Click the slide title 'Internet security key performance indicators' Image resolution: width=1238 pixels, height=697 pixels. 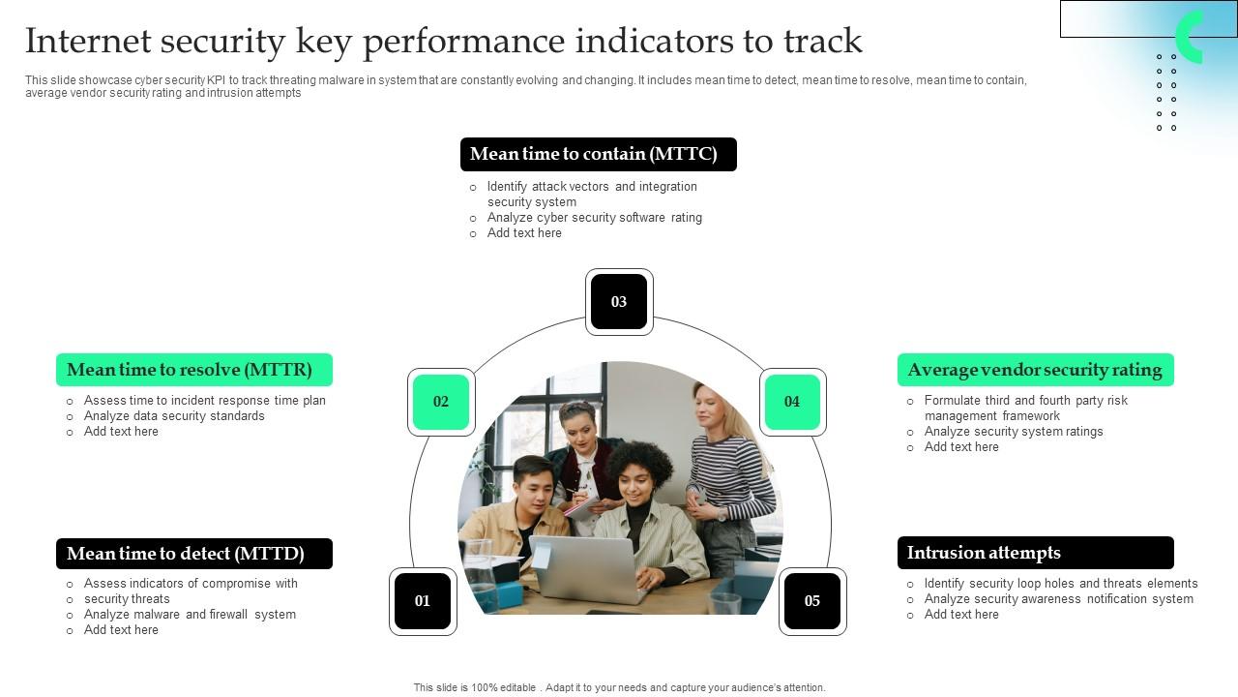click(x=443, y=42)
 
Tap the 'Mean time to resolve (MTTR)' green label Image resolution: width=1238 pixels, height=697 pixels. click(x=193, y=370)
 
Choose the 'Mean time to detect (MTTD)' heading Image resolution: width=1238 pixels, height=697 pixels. click(x=193, y=554)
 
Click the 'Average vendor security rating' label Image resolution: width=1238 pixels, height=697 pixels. click(x=1035, y=370)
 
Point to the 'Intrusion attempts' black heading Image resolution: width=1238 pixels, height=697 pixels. click(x=1035, y=553)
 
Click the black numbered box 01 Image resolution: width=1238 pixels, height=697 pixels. click(x=423, y=601)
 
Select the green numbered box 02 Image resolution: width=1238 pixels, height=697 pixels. click(x=441, y=402)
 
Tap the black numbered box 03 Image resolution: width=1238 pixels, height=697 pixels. click(x=619, y=302)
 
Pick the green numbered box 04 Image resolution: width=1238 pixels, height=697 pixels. click(x=792, y=402)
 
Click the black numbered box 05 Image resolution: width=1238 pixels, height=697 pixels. click(x=812, y=601)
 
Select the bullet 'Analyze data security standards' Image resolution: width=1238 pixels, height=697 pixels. click(x=174, y=416)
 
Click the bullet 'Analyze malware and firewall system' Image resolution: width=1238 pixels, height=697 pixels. click(x=190, y=615)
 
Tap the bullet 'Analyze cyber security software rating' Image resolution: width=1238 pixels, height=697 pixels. click(x=594, y=218)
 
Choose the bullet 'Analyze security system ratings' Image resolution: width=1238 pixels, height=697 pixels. click(x=1013, y=432)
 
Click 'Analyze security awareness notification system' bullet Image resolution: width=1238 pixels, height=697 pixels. click(x=1058, y=599)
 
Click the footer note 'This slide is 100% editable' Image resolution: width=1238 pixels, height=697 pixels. click(x=619, y=687)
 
